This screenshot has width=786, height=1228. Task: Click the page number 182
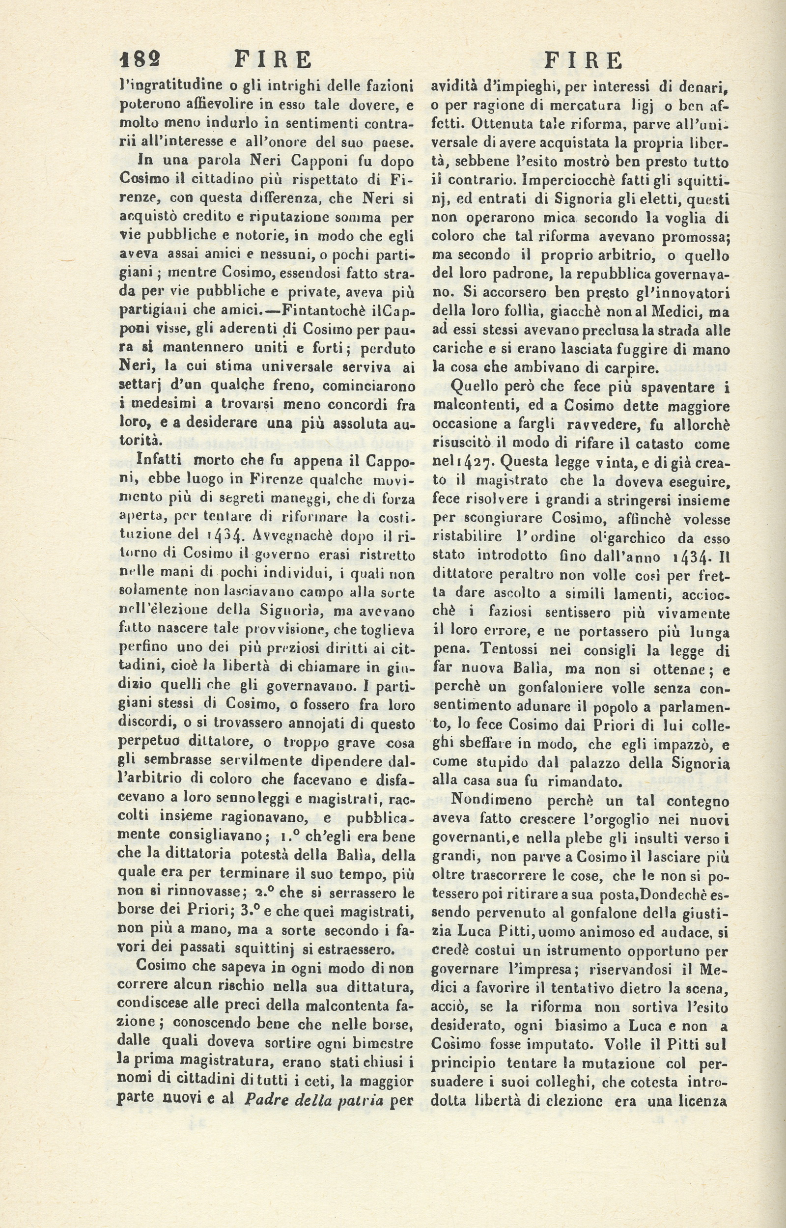pos(140,60)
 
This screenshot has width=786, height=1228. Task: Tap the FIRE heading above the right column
pos(584,61)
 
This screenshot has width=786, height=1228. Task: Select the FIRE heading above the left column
pos(273,60)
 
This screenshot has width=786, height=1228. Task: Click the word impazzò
pos(671,744)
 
